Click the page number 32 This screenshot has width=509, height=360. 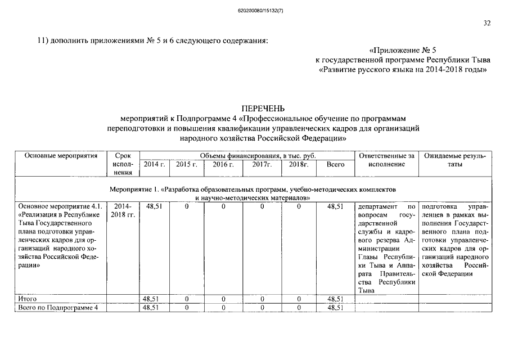coord(487,23)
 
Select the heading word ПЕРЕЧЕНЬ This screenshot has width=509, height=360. coord(263,108)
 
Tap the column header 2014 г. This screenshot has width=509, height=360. coord(154,164)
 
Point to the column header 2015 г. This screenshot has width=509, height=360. coord(187,164)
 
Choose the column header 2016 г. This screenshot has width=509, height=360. coord(223,164)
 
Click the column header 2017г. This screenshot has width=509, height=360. coord(262,164)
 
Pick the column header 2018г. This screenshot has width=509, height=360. coord(299,164)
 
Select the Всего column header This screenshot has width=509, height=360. coord(335,164)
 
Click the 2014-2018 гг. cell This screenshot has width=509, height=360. coord(123,211)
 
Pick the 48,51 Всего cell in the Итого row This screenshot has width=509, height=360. coord(335,299)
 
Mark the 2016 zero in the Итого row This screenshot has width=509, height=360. coord(223,299)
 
